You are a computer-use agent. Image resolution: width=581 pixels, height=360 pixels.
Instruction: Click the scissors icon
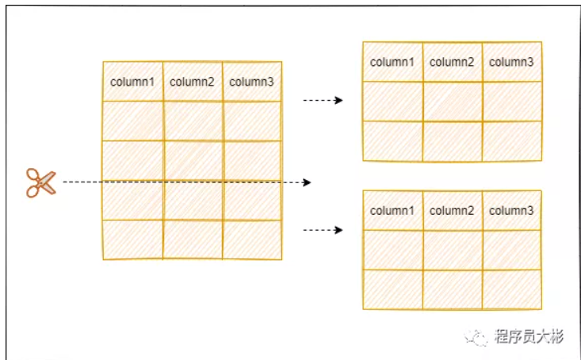[40, 182]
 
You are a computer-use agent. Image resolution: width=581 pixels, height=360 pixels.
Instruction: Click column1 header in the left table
[132, 81]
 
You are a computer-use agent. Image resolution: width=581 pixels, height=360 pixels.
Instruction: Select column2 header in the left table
[193, 81]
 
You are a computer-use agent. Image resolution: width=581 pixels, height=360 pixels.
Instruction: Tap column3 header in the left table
[252, 81]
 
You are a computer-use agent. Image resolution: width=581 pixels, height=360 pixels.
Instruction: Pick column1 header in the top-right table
[392, 62]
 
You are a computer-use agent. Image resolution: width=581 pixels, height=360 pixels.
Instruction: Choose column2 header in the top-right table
[452, 62]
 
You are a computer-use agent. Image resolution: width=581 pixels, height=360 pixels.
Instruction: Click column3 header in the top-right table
[511, 62]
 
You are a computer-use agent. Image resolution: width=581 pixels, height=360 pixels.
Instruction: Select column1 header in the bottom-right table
[392, 210]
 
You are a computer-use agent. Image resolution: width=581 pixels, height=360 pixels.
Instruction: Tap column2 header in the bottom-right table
[452, 210]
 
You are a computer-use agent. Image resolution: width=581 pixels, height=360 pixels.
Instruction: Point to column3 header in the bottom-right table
[511, 210]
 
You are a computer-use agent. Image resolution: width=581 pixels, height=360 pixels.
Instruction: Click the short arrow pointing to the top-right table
[323, 101]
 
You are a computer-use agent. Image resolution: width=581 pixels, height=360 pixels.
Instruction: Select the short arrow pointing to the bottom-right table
[323, 230]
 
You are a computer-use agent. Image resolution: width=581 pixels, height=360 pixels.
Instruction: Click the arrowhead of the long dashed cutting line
[307, 182]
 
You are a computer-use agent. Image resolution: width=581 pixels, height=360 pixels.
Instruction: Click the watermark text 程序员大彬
[529, 338]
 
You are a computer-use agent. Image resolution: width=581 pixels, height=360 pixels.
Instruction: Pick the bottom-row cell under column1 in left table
[132, 239]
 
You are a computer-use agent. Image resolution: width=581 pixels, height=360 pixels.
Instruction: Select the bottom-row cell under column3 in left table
[252, 239]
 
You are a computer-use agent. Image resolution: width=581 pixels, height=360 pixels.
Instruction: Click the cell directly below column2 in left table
[193, 121]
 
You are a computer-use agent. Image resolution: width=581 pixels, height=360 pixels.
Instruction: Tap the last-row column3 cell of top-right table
[512, 140]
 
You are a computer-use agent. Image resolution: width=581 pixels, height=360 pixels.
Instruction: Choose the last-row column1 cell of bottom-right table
[392, 289]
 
